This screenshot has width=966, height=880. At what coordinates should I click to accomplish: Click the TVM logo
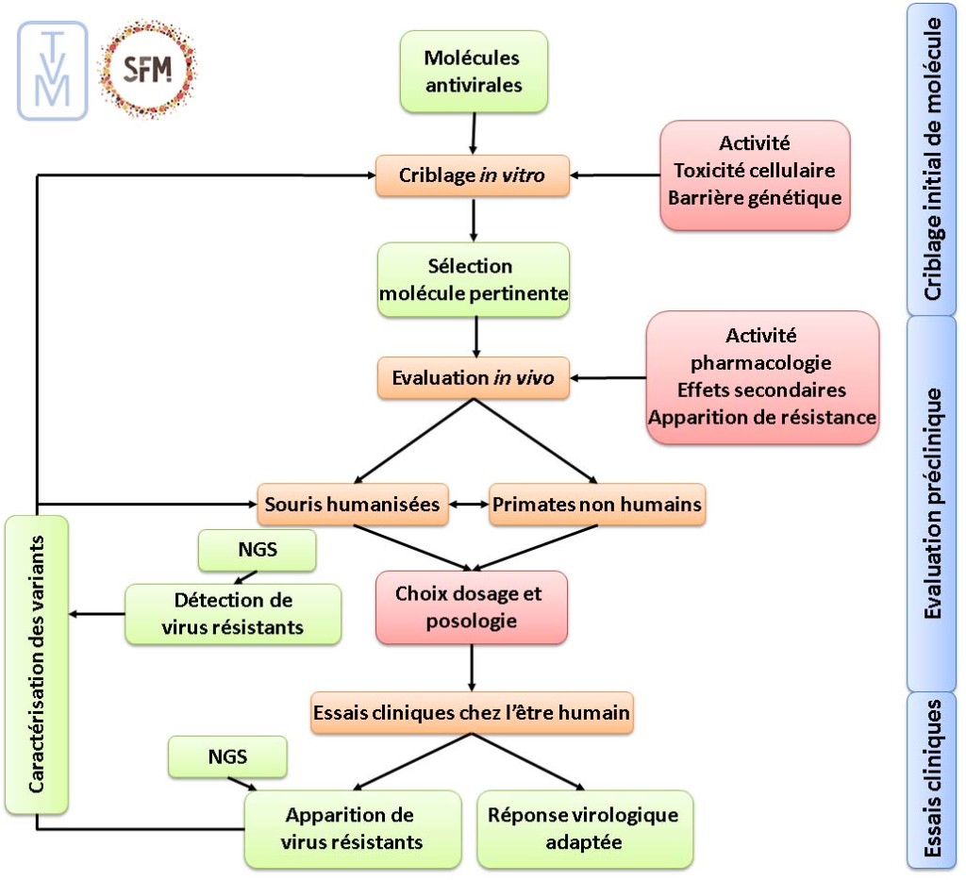(53, 70)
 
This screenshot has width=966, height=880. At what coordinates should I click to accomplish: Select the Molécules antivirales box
(473, 72)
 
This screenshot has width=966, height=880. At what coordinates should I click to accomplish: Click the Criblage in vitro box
(473, 175)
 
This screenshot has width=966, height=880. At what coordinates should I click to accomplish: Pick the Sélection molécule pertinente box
(474, 280)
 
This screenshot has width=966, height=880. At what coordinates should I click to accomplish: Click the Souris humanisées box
(351, 505)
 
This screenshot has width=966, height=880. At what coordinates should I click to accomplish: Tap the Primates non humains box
(597, 505)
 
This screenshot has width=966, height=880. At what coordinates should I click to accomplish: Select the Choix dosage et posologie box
(471, 608)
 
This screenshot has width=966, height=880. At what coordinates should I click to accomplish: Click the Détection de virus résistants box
(233, 613)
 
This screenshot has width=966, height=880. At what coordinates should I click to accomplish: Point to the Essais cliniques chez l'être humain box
(472, 713)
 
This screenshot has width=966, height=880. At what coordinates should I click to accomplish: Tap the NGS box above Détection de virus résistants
(258, 551)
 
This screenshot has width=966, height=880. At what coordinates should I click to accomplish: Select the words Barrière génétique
(754, 198)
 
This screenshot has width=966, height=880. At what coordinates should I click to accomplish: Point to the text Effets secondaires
(761, 390)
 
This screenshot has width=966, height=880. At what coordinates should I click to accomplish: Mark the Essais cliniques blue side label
(932, 779)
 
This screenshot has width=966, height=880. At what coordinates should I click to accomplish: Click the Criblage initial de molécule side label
(932, 158)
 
